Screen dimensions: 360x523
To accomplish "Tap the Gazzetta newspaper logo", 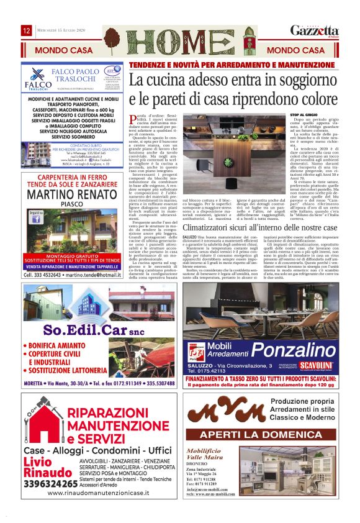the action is (315, 31).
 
